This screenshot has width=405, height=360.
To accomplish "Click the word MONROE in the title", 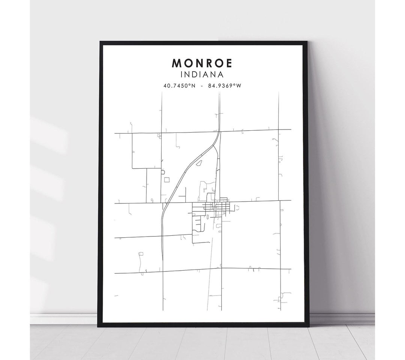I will pyautogui.click(x=202, y=63).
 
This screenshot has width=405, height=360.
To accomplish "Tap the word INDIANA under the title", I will pyautogui.click(x=202, y=75).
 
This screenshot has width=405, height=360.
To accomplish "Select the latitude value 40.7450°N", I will pyautogui.click(x=179, y=86).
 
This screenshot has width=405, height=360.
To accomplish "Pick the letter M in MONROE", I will pyautogui.click(x=176, y=63).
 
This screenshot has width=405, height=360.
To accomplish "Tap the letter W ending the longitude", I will pyautogui.click(x=239, y=86).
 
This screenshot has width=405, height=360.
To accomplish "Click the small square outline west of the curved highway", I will pyautogui.click(x=166, y=180).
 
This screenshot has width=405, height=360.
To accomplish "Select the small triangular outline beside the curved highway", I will pyautogui.click(x=199, y=163).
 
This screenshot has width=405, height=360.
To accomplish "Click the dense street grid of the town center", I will pyautogui.click(x=214, y=208).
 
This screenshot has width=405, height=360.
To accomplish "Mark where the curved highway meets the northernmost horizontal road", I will pyautogui.click(x=218, y=131).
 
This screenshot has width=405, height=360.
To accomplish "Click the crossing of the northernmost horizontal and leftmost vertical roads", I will pyautogui.click(x=162, y=133).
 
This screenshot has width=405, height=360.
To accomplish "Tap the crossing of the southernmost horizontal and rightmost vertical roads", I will pyautogui.click(x=280, y=269).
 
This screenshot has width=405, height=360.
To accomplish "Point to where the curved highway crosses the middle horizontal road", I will pyautogui.click(x=164, y=203).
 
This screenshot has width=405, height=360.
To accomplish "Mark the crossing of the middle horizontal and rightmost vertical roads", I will pyautogui.click(x=279, y=200).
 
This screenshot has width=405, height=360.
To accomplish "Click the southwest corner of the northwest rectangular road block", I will pyautogui.click(x=132, y=168).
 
